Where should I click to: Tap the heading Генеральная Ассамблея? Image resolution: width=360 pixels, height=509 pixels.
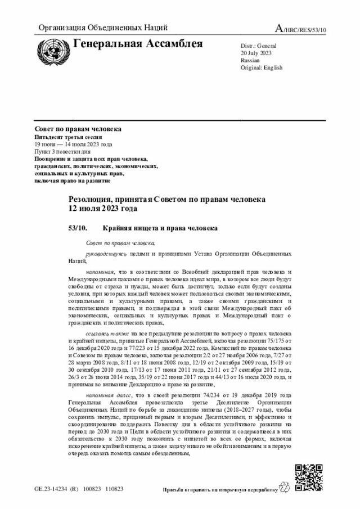[138, 44]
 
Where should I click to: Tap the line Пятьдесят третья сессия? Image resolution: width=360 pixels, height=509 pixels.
[70, 137]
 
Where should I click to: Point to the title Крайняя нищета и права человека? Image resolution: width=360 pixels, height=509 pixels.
[160, 228]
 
